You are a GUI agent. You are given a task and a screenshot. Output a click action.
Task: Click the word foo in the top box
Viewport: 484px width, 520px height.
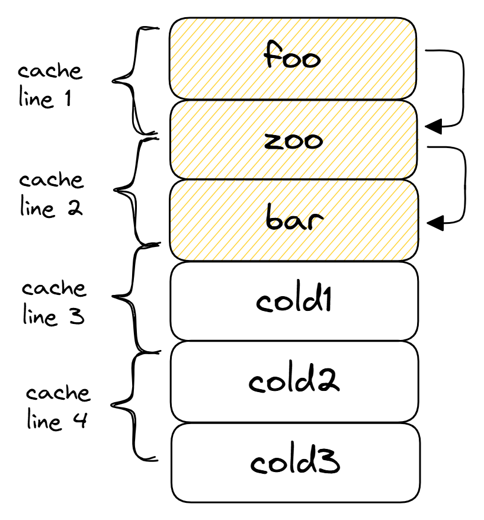pos(292,54)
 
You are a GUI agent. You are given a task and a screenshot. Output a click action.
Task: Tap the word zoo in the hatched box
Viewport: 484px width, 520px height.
pos(293,140)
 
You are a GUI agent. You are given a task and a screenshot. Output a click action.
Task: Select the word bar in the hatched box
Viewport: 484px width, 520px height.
pos(294,217)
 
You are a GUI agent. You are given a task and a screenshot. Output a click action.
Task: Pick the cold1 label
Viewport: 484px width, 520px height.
pos(294,296)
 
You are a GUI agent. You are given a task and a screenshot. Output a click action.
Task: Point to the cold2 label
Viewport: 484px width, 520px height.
pos(294,377)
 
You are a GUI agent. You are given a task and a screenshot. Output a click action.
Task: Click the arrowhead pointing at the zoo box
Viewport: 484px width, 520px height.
pos(434,126)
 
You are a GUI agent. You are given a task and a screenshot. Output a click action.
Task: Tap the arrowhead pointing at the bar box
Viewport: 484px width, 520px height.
pos(435,223)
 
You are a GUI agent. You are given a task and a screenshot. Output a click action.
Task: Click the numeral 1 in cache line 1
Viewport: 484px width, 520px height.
pos(68,98)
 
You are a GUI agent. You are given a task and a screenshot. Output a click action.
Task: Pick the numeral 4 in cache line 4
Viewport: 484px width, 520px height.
pos(81,419)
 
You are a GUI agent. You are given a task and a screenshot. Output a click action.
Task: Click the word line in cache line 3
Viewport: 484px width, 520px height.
pos(40,315)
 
